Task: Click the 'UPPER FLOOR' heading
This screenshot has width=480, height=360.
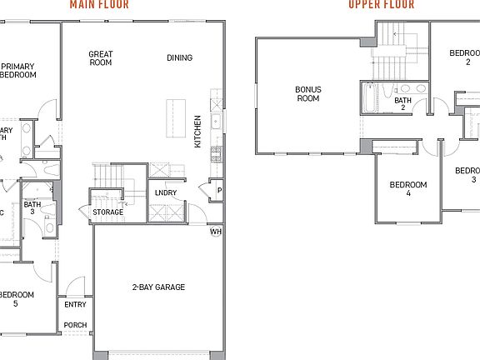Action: point(380,3)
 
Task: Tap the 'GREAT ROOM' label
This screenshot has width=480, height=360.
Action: point(101,58)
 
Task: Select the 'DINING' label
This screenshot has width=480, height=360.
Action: point(179,57)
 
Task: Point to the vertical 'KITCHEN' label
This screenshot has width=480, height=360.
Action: point(198,132)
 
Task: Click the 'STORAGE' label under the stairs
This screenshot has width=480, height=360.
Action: point(108,212)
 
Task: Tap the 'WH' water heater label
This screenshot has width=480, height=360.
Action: point(215,232)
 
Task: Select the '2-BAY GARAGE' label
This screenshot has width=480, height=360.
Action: point(158,287)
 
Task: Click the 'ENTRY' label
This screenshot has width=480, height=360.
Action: point(75,305)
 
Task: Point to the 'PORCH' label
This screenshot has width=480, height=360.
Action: point(75,325)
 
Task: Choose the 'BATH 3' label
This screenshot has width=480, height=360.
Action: point(32,208)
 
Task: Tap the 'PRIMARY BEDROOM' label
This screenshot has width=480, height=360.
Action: point(18,70)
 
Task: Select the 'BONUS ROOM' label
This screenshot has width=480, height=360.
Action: point(308,93)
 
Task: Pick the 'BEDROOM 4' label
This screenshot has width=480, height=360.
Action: point(408,189)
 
